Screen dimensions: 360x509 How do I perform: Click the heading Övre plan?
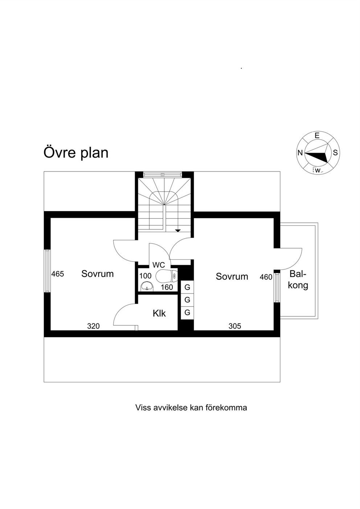(x=76, y=152)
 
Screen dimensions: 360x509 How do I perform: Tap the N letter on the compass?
(x=300, y=153)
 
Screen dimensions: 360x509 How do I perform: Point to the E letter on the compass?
(x=317, y=136)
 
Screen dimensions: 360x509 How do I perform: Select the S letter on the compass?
(x=335, y=153)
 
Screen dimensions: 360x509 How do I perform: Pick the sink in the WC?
(x=147, y=287)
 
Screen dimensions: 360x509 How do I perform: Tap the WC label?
(x=159, y=265)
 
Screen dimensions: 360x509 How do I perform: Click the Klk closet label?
(x=159, y=313)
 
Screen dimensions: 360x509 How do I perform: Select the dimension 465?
(x=57, y=274)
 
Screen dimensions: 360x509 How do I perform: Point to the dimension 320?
(x=93, y=326)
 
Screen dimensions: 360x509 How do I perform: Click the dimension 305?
(x=235, y=326)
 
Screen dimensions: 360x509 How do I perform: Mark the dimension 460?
(x=266, y=277)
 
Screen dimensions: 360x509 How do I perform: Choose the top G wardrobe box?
(x=187, y=287)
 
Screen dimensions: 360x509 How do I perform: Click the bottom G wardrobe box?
(x=187, y=313)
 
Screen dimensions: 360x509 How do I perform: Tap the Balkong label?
(x=298, y=280)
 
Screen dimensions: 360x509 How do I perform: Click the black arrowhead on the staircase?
(x=178, y=231)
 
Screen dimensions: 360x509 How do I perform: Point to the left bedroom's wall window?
(x=47, y=271)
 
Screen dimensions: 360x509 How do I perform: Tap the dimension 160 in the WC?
(x=167, y=287)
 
